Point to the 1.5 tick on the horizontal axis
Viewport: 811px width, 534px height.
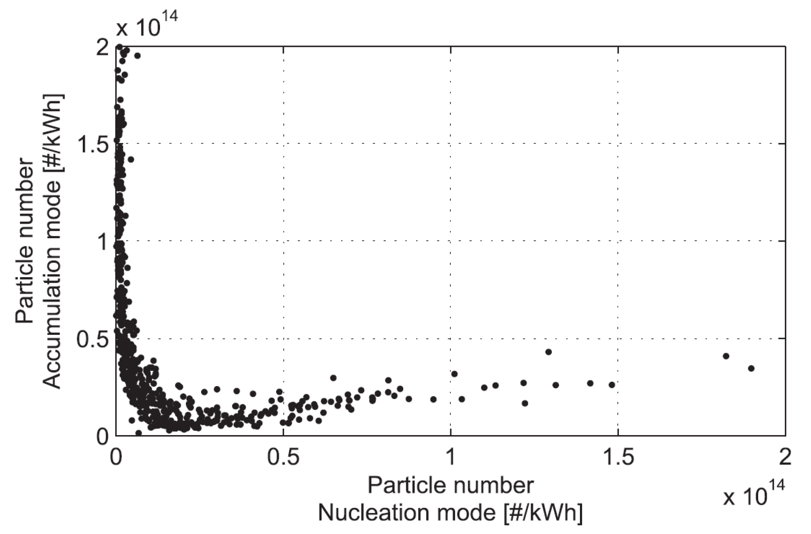click(x=618, y=458)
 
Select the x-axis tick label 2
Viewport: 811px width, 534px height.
click(x=785, y=458)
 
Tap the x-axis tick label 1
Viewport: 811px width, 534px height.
click(x=451, y=458)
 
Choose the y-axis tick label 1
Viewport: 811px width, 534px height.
click(x=102, y=241)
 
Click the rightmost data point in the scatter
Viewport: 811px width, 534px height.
click(x=751, y=368)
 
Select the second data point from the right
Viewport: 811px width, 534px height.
click(x=726, y=356)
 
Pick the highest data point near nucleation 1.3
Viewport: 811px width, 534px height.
click(x=548, y=352)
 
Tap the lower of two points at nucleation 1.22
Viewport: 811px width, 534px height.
click(x=525, y=403)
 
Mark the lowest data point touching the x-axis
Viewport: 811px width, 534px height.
click(x=139, y=433)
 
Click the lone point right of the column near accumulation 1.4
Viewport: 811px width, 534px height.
click(x=131, y=159)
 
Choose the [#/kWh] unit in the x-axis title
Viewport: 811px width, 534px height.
click(x=543, y=514)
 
